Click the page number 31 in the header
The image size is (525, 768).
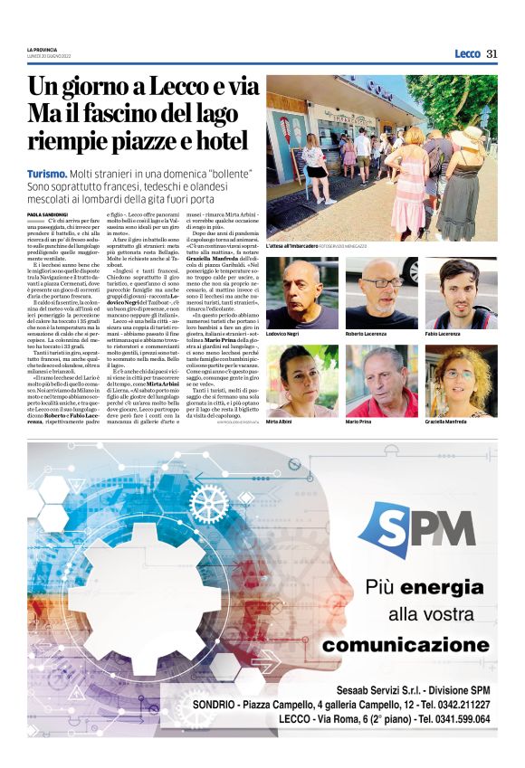tap(492, 53)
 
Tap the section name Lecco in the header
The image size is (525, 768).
tap(467, 53)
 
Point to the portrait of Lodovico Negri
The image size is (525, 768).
tap(301, 292)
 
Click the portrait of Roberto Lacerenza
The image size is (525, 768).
tap(381, 292)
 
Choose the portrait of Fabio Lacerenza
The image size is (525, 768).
tap(461, 292)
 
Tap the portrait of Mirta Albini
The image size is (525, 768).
tap(301, 380)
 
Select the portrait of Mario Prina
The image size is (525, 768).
tap(381, 380)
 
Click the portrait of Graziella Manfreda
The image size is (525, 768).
tap(461, 380)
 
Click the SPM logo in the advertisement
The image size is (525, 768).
tap(416, 528)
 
